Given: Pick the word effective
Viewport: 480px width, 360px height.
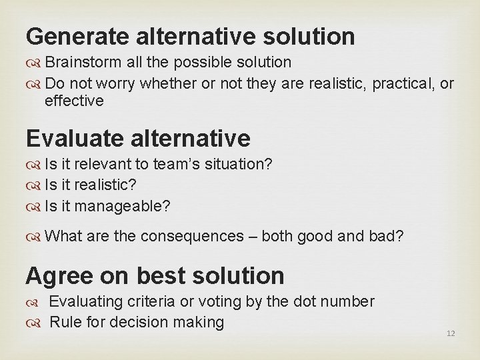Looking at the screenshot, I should point(74,101).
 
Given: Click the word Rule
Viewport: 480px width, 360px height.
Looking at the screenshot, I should point(65,323).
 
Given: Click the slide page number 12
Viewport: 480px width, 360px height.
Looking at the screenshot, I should point(451,333).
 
